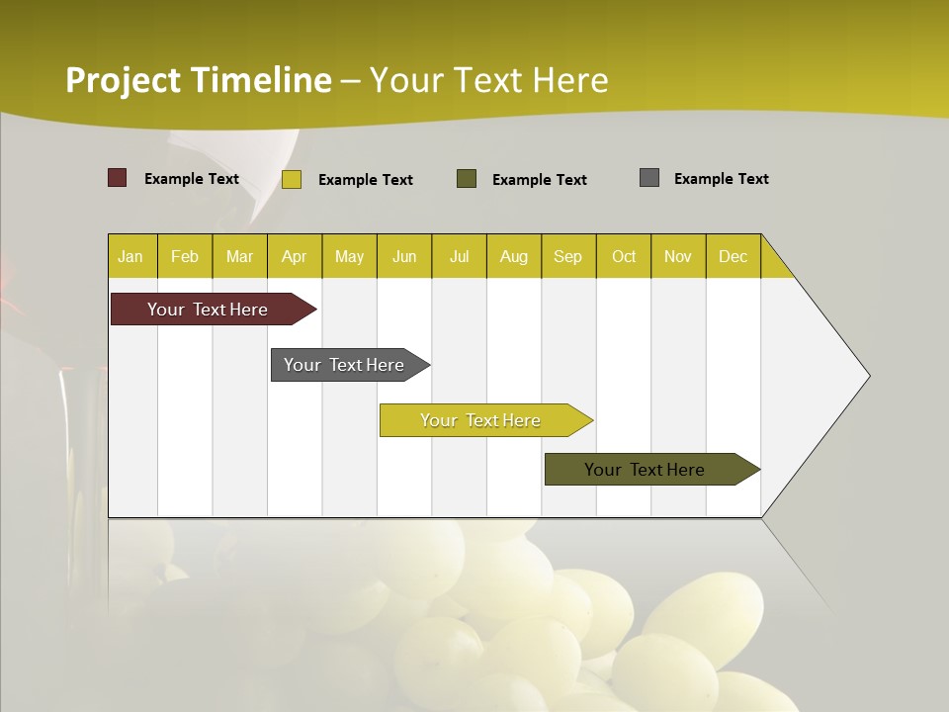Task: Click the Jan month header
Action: [x=130, y=256]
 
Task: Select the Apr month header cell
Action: [x=295, y=256]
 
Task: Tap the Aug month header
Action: [x=514, y=256]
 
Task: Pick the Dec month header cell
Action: [x=733, y=256]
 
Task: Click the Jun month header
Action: [x=404, y=256]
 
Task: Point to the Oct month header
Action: [x=624, y=256]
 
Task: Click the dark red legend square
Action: [x=118, y=178]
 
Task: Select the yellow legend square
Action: [x=292, y=179]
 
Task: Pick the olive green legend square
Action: [x=467, y=178]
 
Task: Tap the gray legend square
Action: [x=649, y=178]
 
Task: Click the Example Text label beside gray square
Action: [x=721, y=179]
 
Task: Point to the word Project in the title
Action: [x=124, y=80]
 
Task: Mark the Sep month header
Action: [x=568, y=256]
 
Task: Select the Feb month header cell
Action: [x=185, y=256]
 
